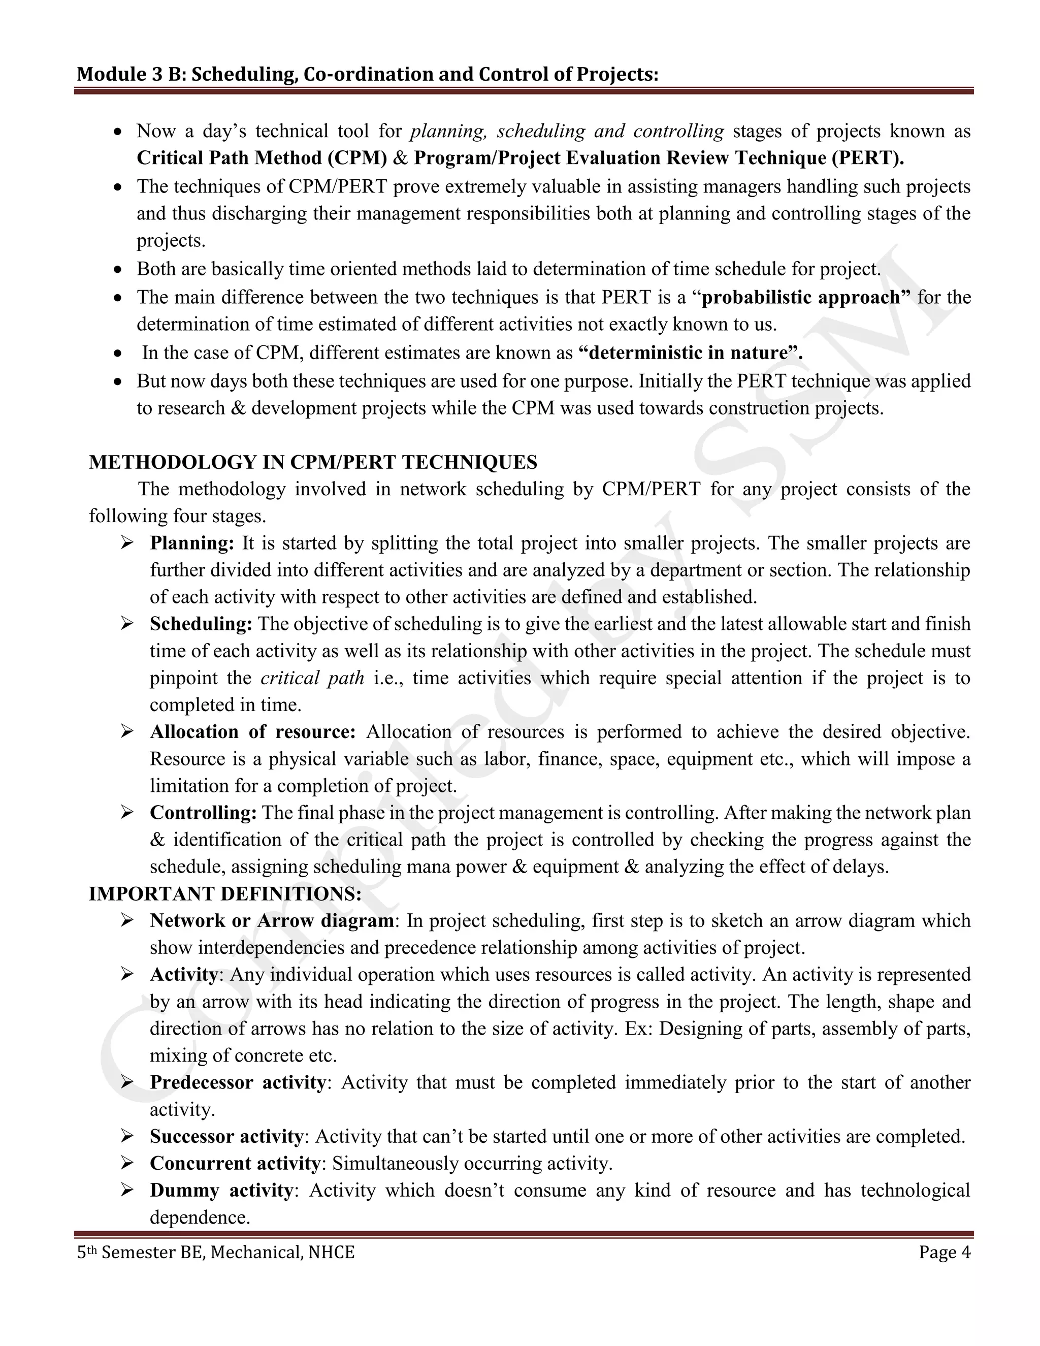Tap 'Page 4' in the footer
click(944, 1253)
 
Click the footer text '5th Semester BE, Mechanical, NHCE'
click(216, 1253)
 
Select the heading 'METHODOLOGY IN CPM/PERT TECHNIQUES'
click(312, 462)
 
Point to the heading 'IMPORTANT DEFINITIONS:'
click(225, 893)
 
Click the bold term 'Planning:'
click(191, 543)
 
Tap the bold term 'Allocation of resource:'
click(252, 731)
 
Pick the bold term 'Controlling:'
click(203, 812)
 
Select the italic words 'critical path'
click(312, 678)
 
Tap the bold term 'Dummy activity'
click(220, 1190)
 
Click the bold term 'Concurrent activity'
click(234, 1163)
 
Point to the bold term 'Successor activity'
click(225, 1136)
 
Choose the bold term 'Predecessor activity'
click(237, 1082)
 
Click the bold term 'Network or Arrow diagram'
click(271, 921)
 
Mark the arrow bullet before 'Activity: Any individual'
click(127, 974)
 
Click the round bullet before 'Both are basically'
click(119, 270)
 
